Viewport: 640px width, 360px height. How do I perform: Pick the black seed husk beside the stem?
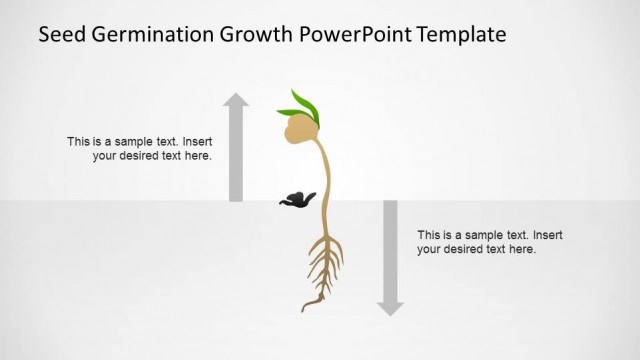click(x=297, y=199)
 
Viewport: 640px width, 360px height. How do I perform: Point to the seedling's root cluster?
click(x=324, y=265)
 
